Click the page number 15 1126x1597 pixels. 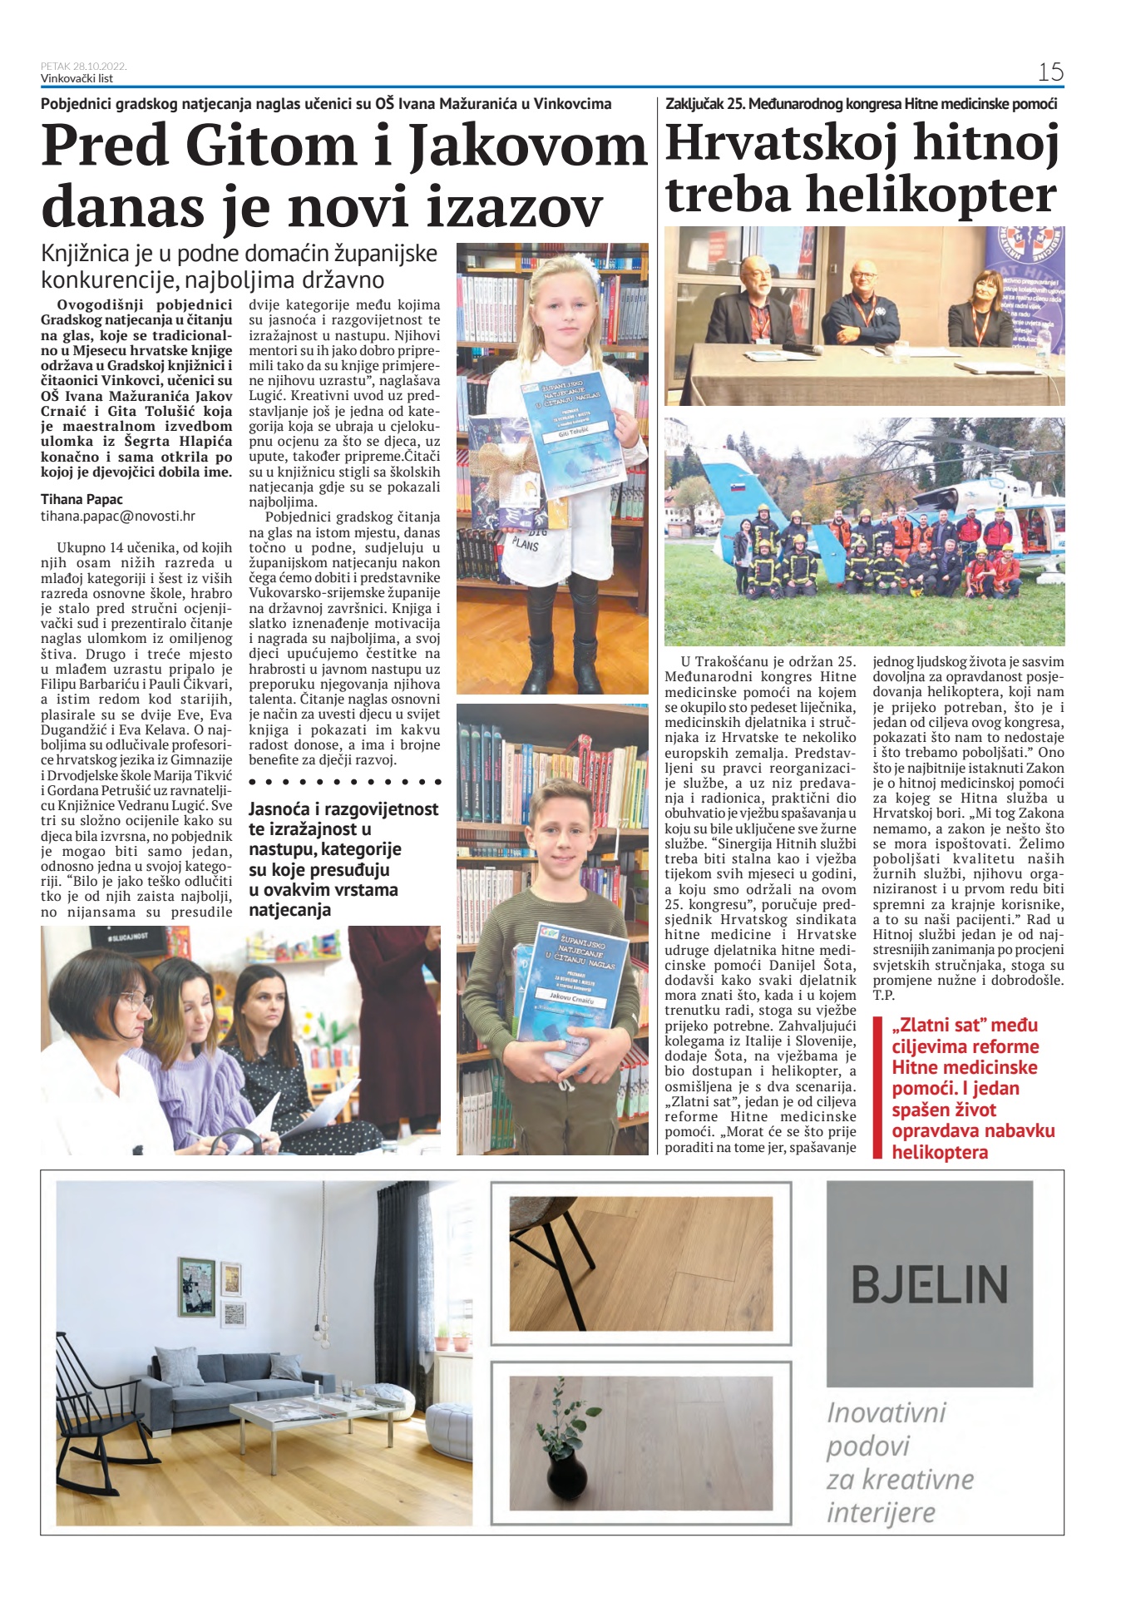[x=1050, y=72]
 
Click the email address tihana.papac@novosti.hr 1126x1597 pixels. [x=118, y=516]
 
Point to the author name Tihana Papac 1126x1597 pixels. [x=81, y=499]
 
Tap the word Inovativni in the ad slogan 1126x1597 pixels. [x=886, y=1412]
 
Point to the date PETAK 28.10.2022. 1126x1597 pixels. [x=84, y=66]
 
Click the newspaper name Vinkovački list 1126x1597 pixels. [x=77, y=78]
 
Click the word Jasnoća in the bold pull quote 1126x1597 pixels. [x=280, y=808]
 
